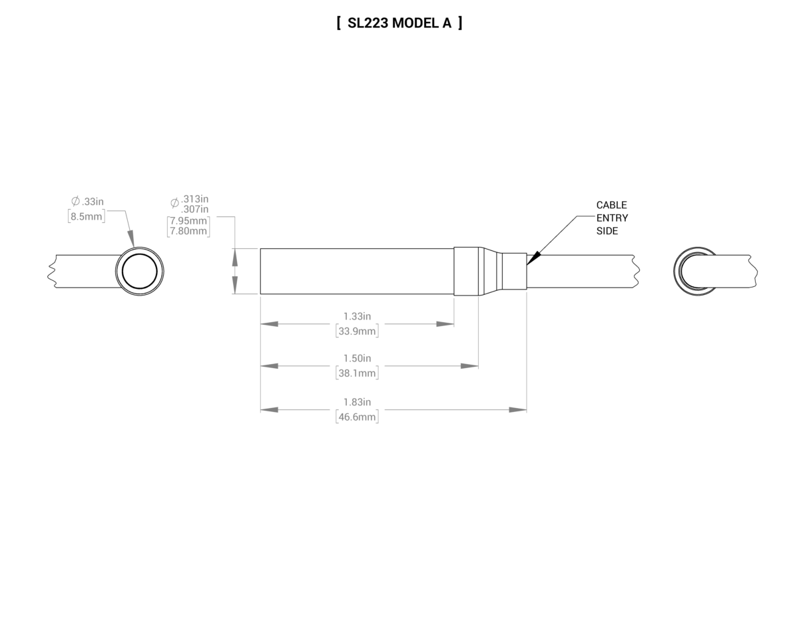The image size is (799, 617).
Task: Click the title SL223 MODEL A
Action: tap(400, 23)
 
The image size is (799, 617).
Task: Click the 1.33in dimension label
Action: tap(357, 315)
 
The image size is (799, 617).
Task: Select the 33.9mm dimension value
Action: tap(357, 331)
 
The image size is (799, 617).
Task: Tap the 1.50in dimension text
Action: tap(357, 358)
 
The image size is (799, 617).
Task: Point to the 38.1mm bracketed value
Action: tap(357, 373)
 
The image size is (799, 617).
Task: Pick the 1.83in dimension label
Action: tap(357, 401)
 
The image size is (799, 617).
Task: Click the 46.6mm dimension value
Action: tap(357, 417)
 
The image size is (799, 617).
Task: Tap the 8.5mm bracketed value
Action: tap(87, 216)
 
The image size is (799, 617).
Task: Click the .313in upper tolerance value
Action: tap(194, 199)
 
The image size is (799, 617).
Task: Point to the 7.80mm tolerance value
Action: tap(188, 231)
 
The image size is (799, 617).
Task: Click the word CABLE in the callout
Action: tap(611, 205)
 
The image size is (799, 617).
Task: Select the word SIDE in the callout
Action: tap(607, 231)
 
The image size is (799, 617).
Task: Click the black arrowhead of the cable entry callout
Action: tap(532, 259)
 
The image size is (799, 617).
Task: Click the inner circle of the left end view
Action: tap(139, 272)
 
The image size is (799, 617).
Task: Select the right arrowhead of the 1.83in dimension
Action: tap(517, 409)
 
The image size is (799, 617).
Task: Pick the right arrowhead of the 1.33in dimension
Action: tap(445, 324)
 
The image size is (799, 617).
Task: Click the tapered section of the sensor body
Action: tap(490, 272)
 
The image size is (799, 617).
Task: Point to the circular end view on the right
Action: tap(694, 272)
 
